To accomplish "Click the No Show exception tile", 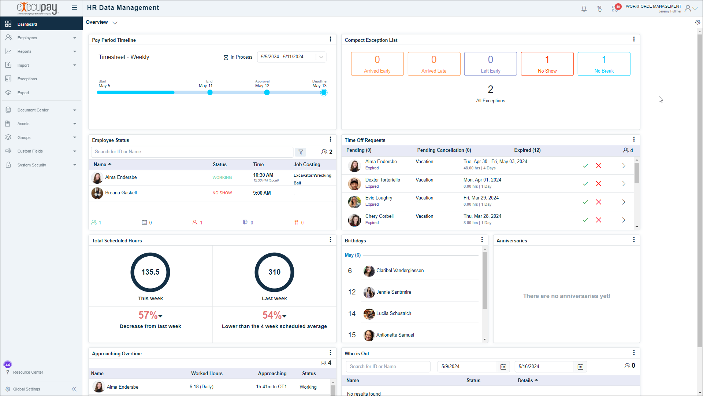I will (547, 64).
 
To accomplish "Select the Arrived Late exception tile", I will (434, 64).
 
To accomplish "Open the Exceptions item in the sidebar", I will (27, 79).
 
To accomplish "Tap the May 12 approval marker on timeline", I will (267, 92).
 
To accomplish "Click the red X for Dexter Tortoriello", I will (599, 184).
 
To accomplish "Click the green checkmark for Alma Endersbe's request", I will (585, 166).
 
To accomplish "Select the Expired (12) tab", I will (527, 150).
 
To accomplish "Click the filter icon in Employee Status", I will (301, 152).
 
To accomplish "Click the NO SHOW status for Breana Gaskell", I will (222, 193).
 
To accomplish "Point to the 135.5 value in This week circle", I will (150, 272).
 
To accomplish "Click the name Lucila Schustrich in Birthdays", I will (394, 313).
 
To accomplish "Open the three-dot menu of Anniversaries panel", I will (634, 240).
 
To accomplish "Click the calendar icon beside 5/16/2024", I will (580, 367).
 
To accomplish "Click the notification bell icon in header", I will (584, 9).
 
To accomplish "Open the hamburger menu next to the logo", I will (74, 8).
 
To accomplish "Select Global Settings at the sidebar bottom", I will (26, 389).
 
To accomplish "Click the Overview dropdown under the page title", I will (101, 22).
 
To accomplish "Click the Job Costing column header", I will (307, 165).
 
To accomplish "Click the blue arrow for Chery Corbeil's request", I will (624, 220).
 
